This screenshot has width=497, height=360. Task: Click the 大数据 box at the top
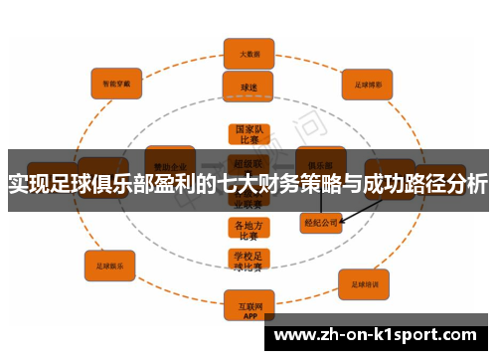pos(248,52)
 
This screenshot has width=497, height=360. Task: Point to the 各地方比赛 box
pos(248,231)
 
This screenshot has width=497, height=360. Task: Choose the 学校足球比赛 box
pos(248,261)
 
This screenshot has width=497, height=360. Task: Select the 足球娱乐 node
pos(109,267)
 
